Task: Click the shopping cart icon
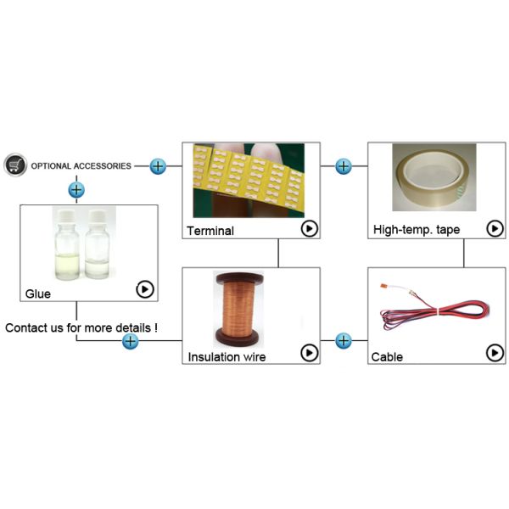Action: pyautogui.click(x=15, y=165)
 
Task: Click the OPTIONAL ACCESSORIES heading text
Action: pyautogui.click(x=81, y=166)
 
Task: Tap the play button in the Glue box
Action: pyautogui.click(x=145, y=289)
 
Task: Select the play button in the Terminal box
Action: pyautogui.click(x=310, y=228)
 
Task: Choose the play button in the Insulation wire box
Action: pyautogui.click(x=310, y=353)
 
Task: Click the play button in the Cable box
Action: pyautogui.click(x=495, y=353)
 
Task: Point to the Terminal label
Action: pyautogui.click(x=210, y=231)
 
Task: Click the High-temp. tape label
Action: pyautogui.click(x=417, y=230)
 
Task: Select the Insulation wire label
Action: pyautogui.click(x=227, y=357)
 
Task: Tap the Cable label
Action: pyautogui.click(x=387, y=357)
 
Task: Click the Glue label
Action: pyautogui.click(x=38, y=294)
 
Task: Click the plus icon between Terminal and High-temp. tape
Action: pyautogui.click(x=344, y=166)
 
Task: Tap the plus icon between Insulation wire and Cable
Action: pyautogui.click(x=344, y=341)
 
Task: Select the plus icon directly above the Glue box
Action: pyautogui.click(x=76, y=190)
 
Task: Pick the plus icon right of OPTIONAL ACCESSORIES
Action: pyautogui.click(x=158, y=166)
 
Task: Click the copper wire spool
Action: pyautogui.click(x=238, y=309)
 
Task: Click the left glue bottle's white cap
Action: pyautogui.click(x=67, y=215)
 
